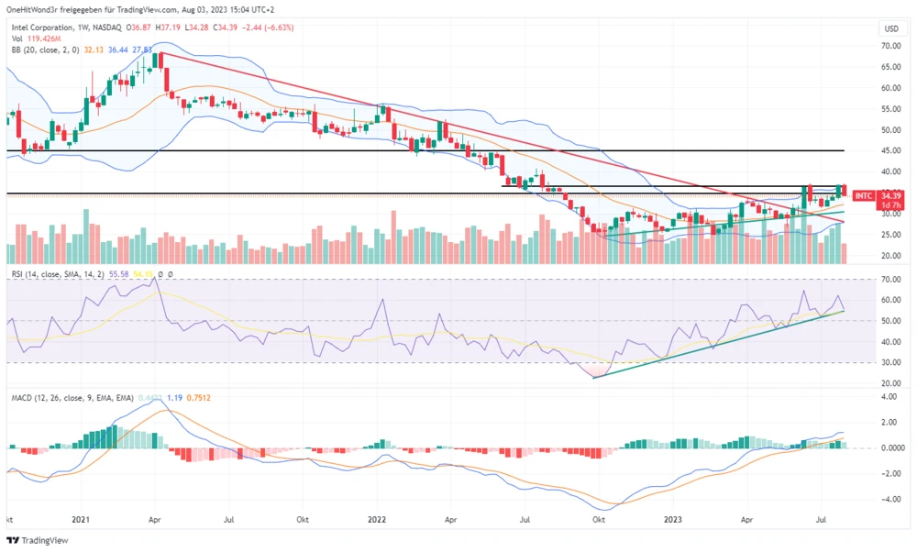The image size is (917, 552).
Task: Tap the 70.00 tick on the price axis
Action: point(888,46)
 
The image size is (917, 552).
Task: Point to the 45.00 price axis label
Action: point(888,150)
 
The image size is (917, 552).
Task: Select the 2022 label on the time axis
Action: point(377,518)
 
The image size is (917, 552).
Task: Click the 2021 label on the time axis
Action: point(82,518)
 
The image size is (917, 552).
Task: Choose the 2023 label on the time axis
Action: point(672,518)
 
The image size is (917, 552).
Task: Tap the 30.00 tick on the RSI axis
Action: point(888,363)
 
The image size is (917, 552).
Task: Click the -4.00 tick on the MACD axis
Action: point(888,500)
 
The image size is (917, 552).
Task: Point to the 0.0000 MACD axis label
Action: point(888,448)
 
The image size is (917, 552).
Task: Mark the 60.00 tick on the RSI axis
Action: point(888,300)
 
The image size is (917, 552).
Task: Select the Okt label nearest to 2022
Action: point(303,518)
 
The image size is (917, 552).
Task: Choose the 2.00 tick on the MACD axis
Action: point(888,423)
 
